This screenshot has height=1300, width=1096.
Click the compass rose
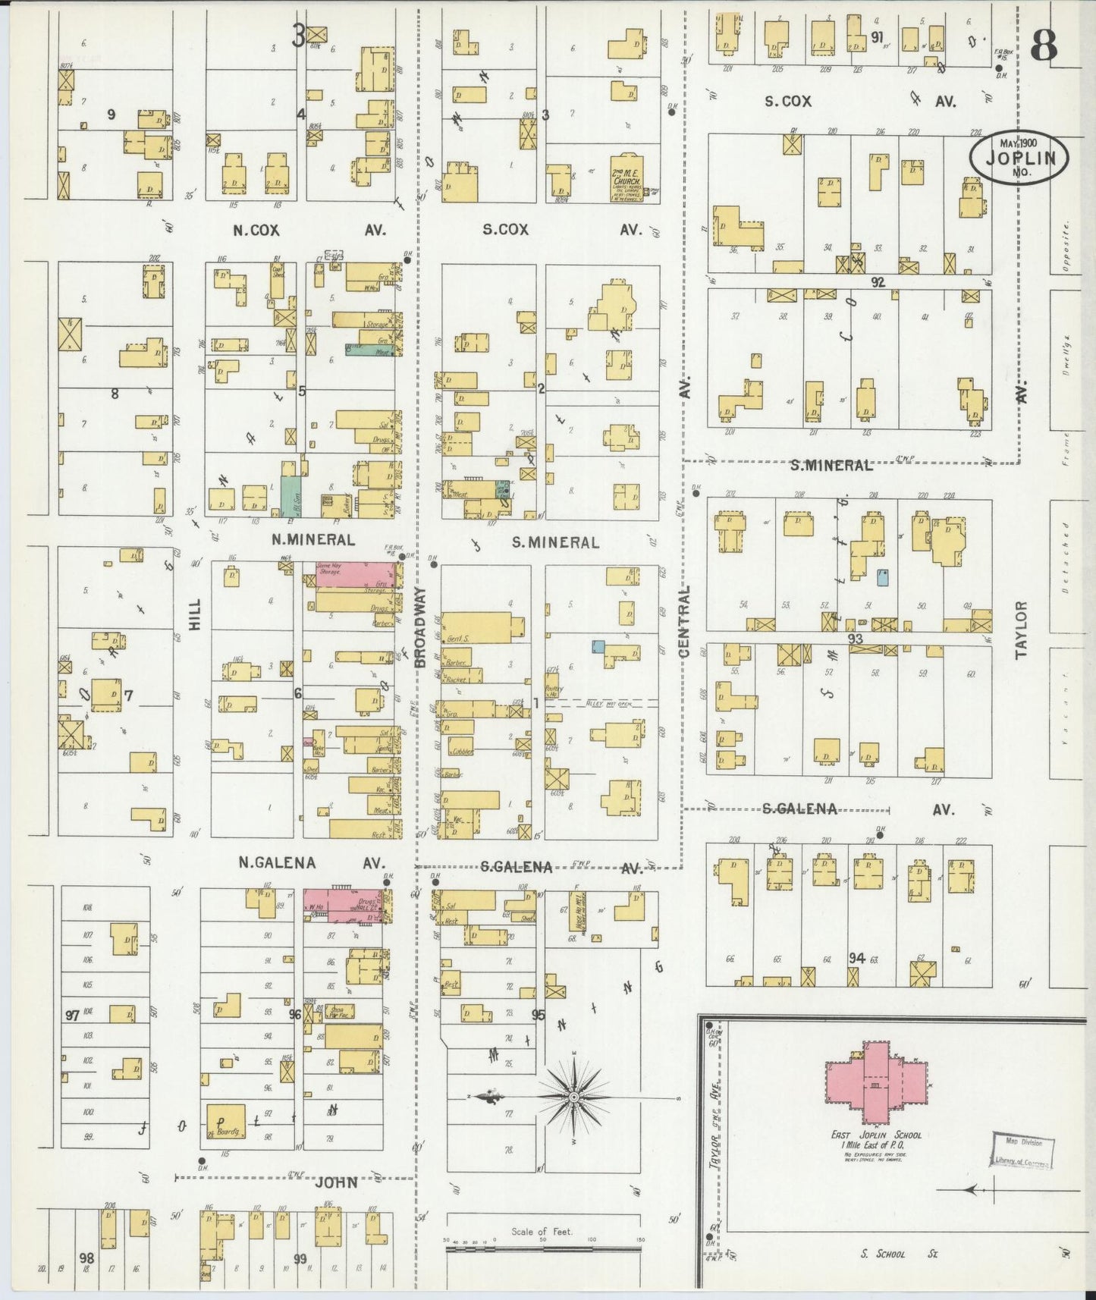click(574, 1097)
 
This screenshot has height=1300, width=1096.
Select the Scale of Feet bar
click(542, 1248)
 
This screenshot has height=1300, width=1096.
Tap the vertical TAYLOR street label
click(1021, 630)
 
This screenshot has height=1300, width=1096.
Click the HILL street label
click(196, 616)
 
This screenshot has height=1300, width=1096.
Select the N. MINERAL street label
click(313, 541)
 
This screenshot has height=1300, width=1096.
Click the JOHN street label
click(336, 1181)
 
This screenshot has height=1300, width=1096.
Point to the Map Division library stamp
click(1020, 1150)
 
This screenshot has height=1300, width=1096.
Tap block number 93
click(856, 639)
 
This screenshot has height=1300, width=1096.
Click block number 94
click(856, 959)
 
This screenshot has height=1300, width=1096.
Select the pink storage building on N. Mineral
click(350, 575)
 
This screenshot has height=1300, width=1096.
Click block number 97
click(72, 1015)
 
